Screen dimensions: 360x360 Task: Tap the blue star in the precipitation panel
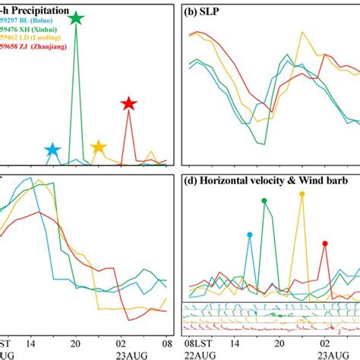point(52,150)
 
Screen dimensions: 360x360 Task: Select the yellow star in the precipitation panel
point(98,147)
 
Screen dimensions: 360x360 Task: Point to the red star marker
point(128,104)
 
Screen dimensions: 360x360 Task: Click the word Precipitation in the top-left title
point(37,11)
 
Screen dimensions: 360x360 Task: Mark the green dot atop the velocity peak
point(264,201)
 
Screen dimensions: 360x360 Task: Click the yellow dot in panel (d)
point(302,194)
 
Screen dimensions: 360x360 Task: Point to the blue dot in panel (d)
point(249,235)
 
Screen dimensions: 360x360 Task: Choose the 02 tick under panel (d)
point(325,342)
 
